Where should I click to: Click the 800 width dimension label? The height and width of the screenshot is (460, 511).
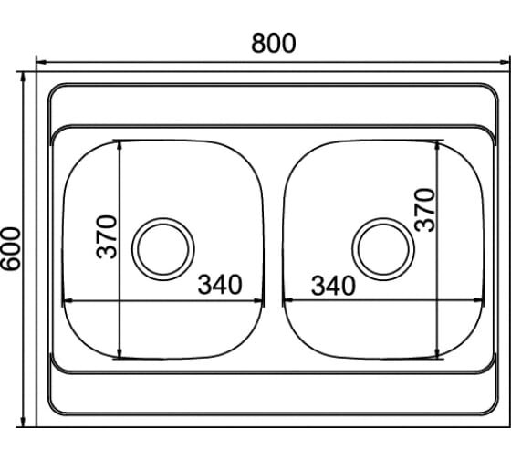pyautogui.click(x=274, y=44)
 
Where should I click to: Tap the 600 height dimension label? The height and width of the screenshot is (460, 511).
pyautogui.click(x=10, y=248)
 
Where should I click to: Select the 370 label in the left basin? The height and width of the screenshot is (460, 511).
pyautogui.click(x=107, y=236)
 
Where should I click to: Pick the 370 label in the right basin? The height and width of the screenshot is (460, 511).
pyautogui.click(x=425, y=210)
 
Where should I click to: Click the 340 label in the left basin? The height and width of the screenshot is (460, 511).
pyautogui.click(x=220, y=284)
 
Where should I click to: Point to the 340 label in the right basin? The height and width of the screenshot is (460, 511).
pyautogui.click(x=333, y=286)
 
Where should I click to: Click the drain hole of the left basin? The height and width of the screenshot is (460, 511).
pyautogui.click(x=163, y=249)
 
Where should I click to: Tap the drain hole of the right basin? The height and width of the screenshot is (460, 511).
pyautogui.click(x=383, y=249)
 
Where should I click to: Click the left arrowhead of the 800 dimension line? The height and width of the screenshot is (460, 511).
pyautogui.click(x=41, y=62)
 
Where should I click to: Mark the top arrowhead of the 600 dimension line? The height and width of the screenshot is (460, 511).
pyautogui.click(x=23, y=77)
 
